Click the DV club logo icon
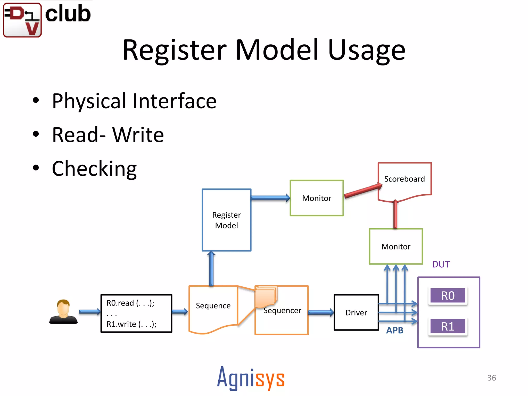point(22,20)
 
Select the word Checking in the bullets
point(94,169)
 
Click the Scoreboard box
point(404,179)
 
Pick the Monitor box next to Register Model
point(317,198)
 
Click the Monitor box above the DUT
point(396,246)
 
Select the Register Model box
point(226,220)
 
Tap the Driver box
point(356,312)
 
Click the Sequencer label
point(282,311)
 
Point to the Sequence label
point(213,306)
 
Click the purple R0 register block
point(448,296)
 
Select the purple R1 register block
point(448,326)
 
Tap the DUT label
point(441,264)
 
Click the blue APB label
point(394,330)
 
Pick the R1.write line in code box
point(131,324)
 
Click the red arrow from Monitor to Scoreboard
point(362,191)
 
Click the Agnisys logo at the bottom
point(251,378)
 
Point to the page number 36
point(491,378)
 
